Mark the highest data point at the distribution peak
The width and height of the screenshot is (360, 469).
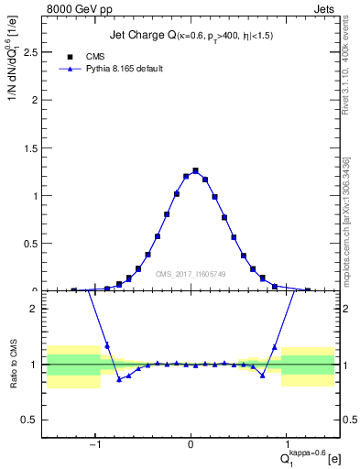pos(195,170)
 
